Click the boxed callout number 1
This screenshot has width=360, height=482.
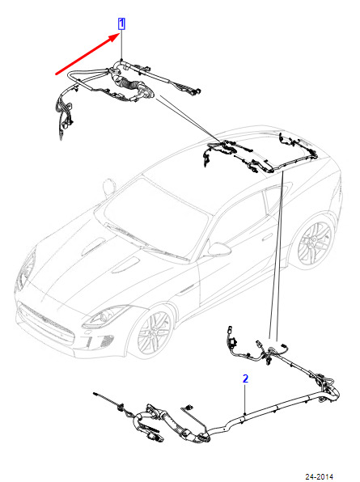point(121,23)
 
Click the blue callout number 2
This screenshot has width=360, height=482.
point(245,378)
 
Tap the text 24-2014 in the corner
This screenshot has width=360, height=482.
point(319,477)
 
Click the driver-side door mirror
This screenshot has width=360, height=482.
point(219,249)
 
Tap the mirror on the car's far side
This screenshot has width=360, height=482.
point(108,186)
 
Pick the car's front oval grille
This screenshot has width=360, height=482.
point(46,322)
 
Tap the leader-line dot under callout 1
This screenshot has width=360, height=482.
point(121,59)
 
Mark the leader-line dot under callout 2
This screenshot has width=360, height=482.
point(245,414)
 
